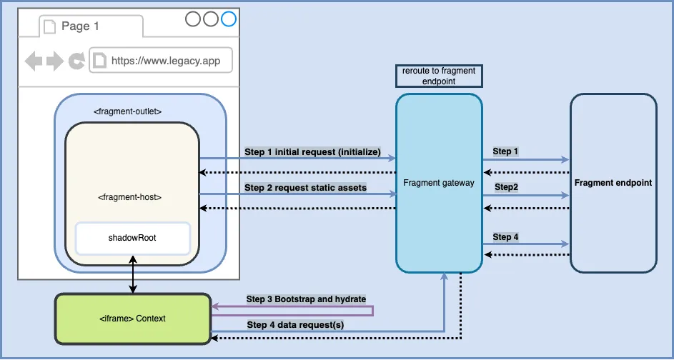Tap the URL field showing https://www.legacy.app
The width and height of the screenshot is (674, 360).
pos(162,61)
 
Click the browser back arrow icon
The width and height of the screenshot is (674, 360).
pos(34,61)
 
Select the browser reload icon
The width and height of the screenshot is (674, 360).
pos(76,61)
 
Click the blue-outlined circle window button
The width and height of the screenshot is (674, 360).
pos(228,19)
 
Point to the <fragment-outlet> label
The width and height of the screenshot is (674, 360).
pos(128,111)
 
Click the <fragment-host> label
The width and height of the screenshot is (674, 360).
pos(132,195)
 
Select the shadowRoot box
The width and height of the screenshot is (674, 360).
pos(132,238)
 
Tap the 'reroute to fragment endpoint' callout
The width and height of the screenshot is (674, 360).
pos(439,76)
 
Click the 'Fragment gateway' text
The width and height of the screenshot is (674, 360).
pos(439,183)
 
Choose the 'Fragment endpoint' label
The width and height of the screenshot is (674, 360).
pos(613,183)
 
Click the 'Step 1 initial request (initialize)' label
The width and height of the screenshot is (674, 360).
pos(312,151)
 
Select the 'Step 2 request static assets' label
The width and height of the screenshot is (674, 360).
pos(305,188)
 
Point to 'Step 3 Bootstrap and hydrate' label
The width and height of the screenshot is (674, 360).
pos(306,299)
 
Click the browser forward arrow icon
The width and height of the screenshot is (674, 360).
pos(55,61)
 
